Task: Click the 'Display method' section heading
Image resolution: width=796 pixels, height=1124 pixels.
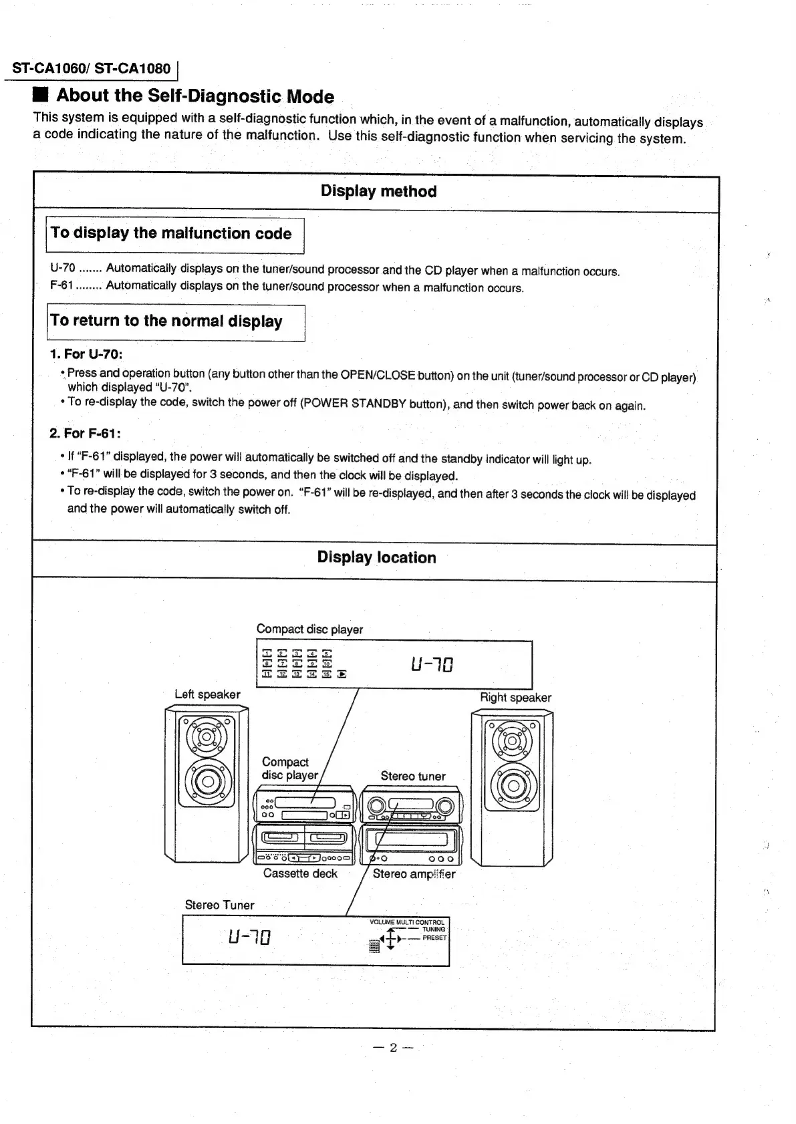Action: tap(378, 191)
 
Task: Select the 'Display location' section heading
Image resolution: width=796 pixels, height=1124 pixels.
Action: tap(376, 557)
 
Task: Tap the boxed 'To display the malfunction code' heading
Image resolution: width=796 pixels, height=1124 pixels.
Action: tap(172, 233)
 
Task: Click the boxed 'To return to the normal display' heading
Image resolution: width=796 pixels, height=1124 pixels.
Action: tap(167, 321)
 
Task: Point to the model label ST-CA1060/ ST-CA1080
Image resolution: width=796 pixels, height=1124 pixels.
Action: tap(92, 68)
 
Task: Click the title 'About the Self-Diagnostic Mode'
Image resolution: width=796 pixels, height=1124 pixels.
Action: tap(195, 96)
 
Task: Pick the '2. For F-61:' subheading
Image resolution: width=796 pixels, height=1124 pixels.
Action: tap(85, 433)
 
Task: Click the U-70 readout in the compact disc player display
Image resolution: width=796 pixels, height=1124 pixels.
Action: tap(432, 665)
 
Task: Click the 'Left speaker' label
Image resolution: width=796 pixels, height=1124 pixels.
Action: tap(207, 694)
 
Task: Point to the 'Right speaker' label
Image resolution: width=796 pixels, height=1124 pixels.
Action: tap(515, 698)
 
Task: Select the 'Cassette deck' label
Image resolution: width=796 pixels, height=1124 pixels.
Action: tap(300, 873)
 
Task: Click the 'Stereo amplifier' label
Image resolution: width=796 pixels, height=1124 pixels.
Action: tap(414, 874)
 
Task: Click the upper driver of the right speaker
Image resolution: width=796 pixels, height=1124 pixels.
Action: tap(513, 740)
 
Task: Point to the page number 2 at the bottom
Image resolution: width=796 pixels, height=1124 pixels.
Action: tap(394, 1047)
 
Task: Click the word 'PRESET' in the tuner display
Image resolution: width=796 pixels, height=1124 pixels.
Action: tap(434, 938)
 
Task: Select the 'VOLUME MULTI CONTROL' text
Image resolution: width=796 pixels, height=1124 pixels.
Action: tap(406, 922)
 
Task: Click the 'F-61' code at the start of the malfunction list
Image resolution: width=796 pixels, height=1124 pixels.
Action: tap(61, 285)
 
